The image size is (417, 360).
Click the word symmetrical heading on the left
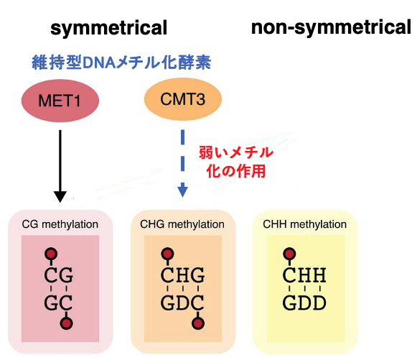[109, 28]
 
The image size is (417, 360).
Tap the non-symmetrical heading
[332, 28]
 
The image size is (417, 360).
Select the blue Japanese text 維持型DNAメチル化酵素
[121, 63]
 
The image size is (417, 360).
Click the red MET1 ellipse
[60, 101]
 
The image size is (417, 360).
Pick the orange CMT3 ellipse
[183, 99]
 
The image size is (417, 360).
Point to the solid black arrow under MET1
[60, 166]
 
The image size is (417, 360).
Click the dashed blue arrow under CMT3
[183, 164]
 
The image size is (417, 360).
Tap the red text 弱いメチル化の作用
[236, 162]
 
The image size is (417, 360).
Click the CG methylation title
[60, 224]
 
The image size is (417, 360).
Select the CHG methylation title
[182, 224]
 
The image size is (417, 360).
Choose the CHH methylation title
[305, 224]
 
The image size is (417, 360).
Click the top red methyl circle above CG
[51, 254]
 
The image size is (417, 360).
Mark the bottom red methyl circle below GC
[66, 323]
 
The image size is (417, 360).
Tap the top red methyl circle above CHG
[167, 254]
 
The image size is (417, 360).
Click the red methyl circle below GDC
[198, 323]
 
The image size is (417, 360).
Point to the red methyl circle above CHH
[289, 254]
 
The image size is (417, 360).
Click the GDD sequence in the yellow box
[304, 303]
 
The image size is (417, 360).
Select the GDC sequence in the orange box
[182, 303]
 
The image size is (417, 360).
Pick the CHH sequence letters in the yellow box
[304, 274]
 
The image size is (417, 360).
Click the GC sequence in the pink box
[58, 303]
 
